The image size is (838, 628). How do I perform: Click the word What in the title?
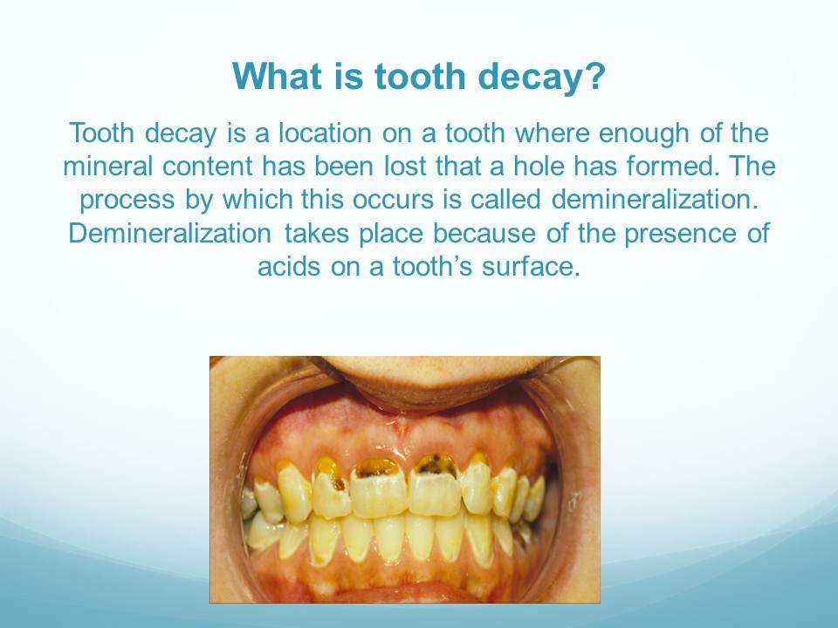point(278,76)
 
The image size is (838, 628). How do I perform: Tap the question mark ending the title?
point(595,76)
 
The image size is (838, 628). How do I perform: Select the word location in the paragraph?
point(325,133)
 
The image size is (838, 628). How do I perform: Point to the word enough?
point(643,133)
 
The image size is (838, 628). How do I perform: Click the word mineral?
point(107,166)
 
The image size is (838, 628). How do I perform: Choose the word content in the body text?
point(207,166)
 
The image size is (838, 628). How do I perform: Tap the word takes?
point(316,234)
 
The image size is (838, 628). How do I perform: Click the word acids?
point(289,267)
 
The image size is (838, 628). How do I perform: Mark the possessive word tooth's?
point(432,267)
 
